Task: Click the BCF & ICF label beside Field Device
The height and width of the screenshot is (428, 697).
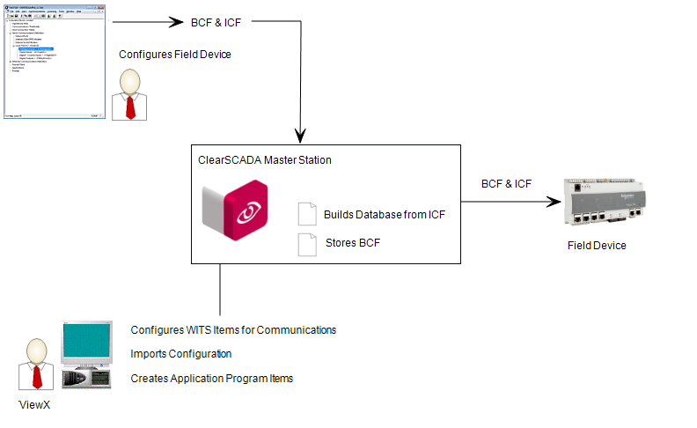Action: [x=506, y=184]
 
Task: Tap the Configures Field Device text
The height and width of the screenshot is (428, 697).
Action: [x=175, y=55]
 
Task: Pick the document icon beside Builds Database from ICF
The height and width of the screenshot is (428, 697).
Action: [x=306, y=214]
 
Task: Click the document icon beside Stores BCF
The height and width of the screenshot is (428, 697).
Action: [x=306, y=244]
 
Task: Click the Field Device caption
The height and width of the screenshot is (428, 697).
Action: [x=596, y=246]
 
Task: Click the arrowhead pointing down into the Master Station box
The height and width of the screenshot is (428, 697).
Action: [x=301, y=136]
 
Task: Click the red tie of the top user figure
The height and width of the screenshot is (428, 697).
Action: [x=130, y=106]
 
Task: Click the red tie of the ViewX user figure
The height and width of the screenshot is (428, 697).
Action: [x=36, y=377]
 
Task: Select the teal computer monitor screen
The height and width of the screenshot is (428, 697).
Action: [x=86, y=345]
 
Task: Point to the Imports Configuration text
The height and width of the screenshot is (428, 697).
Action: [x=181, y=354]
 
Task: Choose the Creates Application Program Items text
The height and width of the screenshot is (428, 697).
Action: [x=212, y=378]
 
